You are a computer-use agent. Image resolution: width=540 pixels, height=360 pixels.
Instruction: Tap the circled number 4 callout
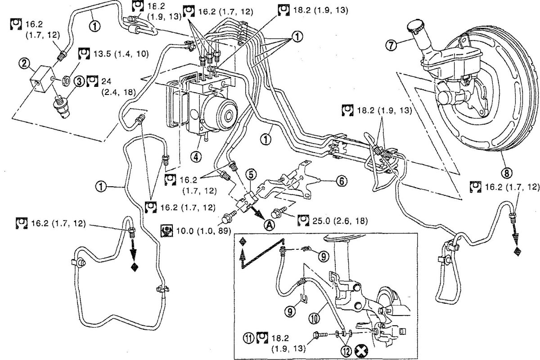(196, 157)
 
